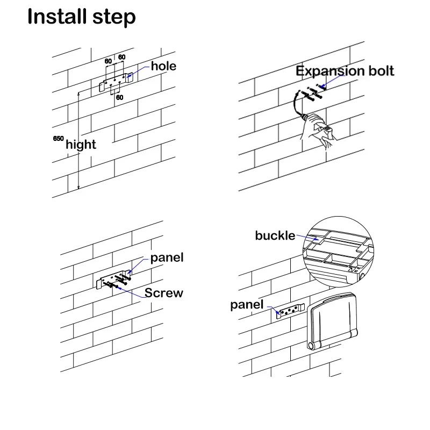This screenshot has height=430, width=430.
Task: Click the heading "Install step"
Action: tap(82, 17)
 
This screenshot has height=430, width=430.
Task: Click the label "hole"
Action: tap(163, 67)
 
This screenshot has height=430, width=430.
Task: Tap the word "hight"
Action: tap(81, 144)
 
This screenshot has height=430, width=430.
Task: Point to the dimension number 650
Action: tap(58, 139)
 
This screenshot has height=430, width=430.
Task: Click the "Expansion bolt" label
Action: tap(345, 71)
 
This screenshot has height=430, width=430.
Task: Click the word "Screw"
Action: tap(163, 293)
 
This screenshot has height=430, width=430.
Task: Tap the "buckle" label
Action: tap(275, 235)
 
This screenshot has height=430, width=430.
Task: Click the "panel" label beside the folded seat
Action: tap(247, 305)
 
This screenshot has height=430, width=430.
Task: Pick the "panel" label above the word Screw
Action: tap(167, 257)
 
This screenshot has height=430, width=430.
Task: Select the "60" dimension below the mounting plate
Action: tap(119, 97)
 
